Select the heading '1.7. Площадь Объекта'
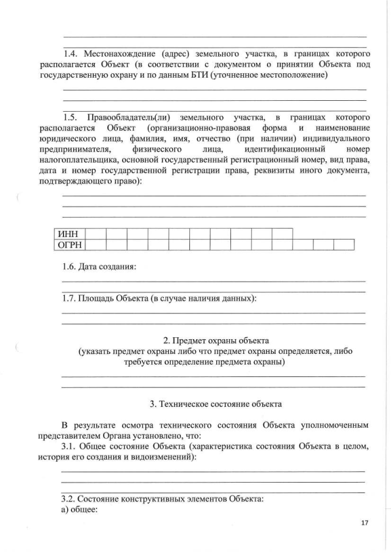coord(159,298)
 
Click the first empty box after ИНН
coord(97,233)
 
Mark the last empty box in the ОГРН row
coord(344,245)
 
